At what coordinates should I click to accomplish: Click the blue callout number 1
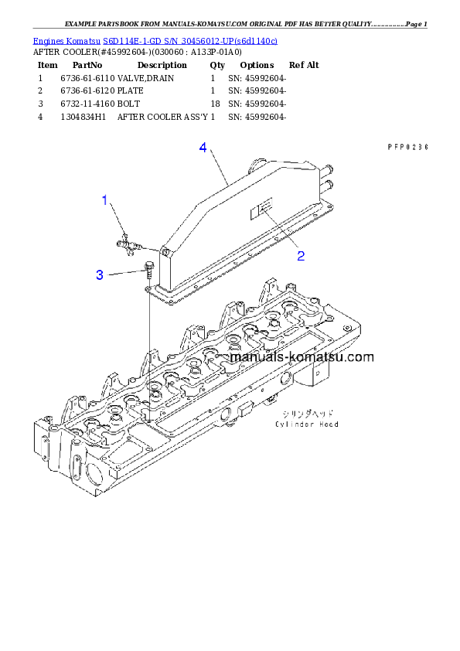coord(106,201)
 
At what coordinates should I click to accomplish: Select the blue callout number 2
coord(301,256)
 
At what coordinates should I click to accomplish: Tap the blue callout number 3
coord(100,274)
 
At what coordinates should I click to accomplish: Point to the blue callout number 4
coord(203,147)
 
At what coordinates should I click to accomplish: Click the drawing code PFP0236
coord(407,146)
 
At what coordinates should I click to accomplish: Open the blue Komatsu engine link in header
coord(155,40)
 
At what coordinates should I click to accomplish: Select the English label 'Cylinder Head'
coord(306,424)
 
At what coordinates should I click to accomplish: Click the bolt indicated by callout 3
coord(148,270)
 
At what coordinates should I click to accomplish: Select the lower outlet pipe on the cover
coord(330,184)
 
